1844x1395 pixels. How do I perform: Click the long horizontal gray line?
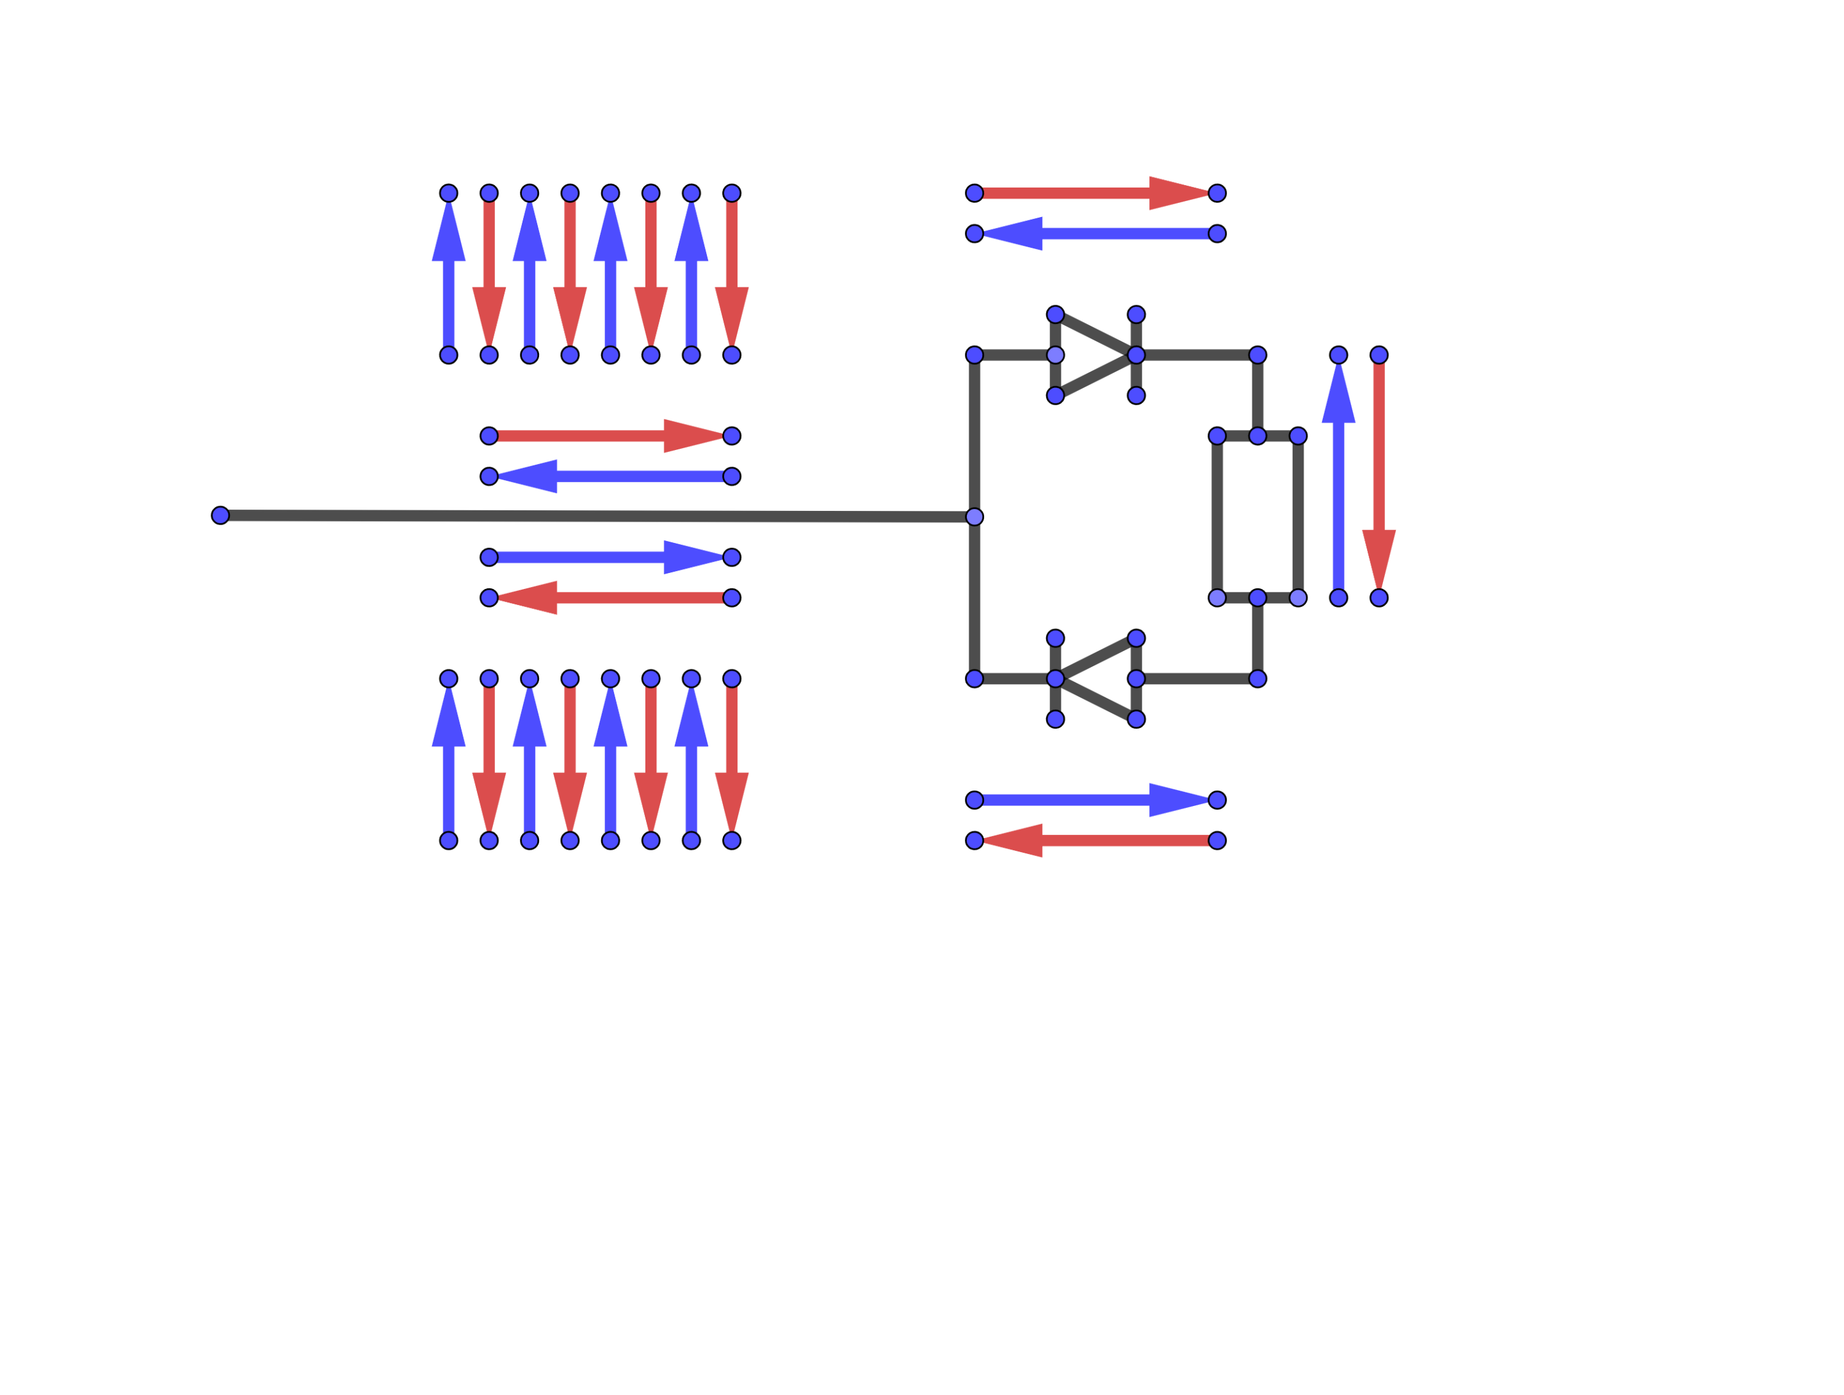(583, 516)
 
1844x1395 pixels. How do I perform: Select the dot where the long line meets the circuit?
(975, 517)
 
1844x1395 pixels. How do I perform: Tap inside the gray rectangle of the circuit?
(1257, 517)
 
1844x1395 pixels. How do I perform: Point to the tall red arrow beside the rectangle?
(1379, 467)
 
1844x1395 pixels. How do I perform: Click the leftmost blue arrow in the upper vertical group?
(448, 284)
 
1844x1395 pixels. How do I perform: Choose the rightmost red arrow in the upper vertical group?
(732, 267)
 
